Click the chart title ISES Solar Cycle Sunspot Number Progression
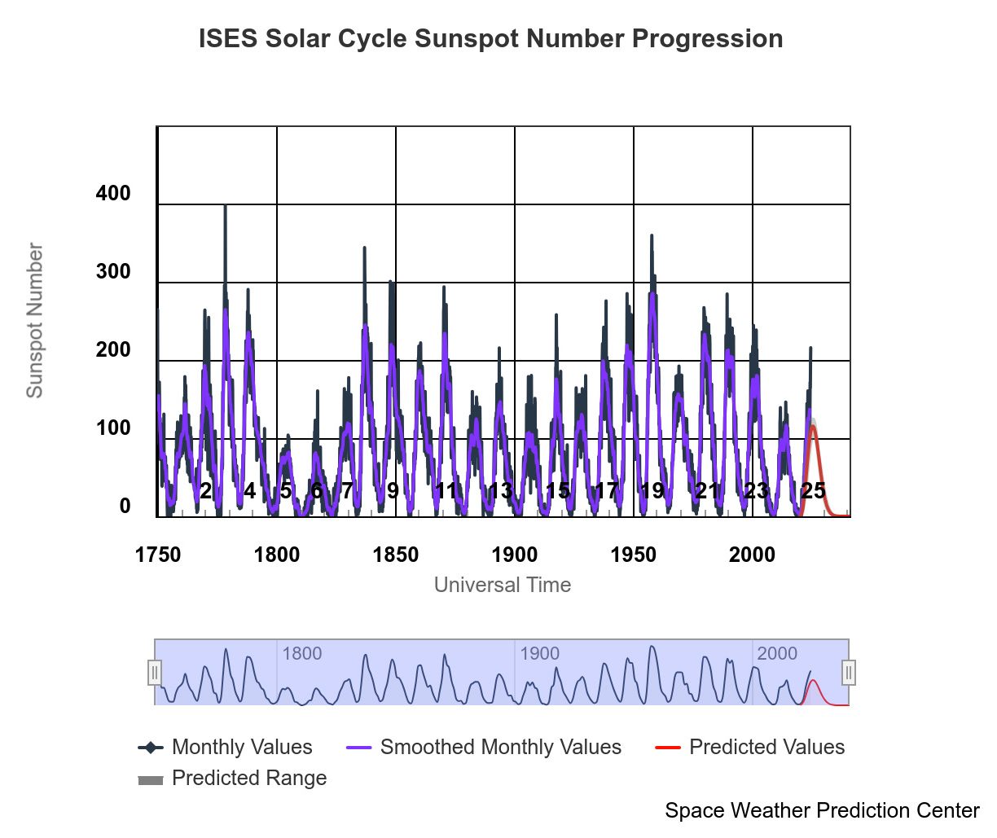tap(490, 39)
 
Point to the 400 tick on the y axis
tap(113, 194)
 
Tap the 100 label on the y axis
tap(113, 428)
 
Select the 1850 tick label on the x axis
tap(395, 555)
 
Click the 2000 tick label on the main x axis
tap(752, 555)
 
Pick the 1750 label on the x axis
tap(158, 555)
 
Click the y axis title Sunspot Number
tap(35, 320)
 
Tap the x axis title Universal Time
tap(502, 585)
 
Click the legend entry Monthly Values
tap(241, 747)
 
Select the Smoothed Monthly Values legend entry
tap(500, 747)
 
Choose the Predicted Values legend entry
tap(766, 747)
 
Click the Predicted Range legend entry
tap(248, 778)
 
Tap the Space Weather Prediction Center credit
tap(821, 810)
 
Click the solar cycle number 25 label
tap(813, 490)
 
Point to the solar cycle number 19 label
tap(652, 490)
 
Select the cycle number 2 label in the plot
tap(205, 490)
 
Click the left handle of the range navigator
tap(155, 673)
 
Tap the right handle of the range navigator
tap(849, 673)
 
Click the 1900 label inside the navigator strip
tap(539, 654)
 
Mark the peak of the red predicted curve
tap(813, 426)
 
